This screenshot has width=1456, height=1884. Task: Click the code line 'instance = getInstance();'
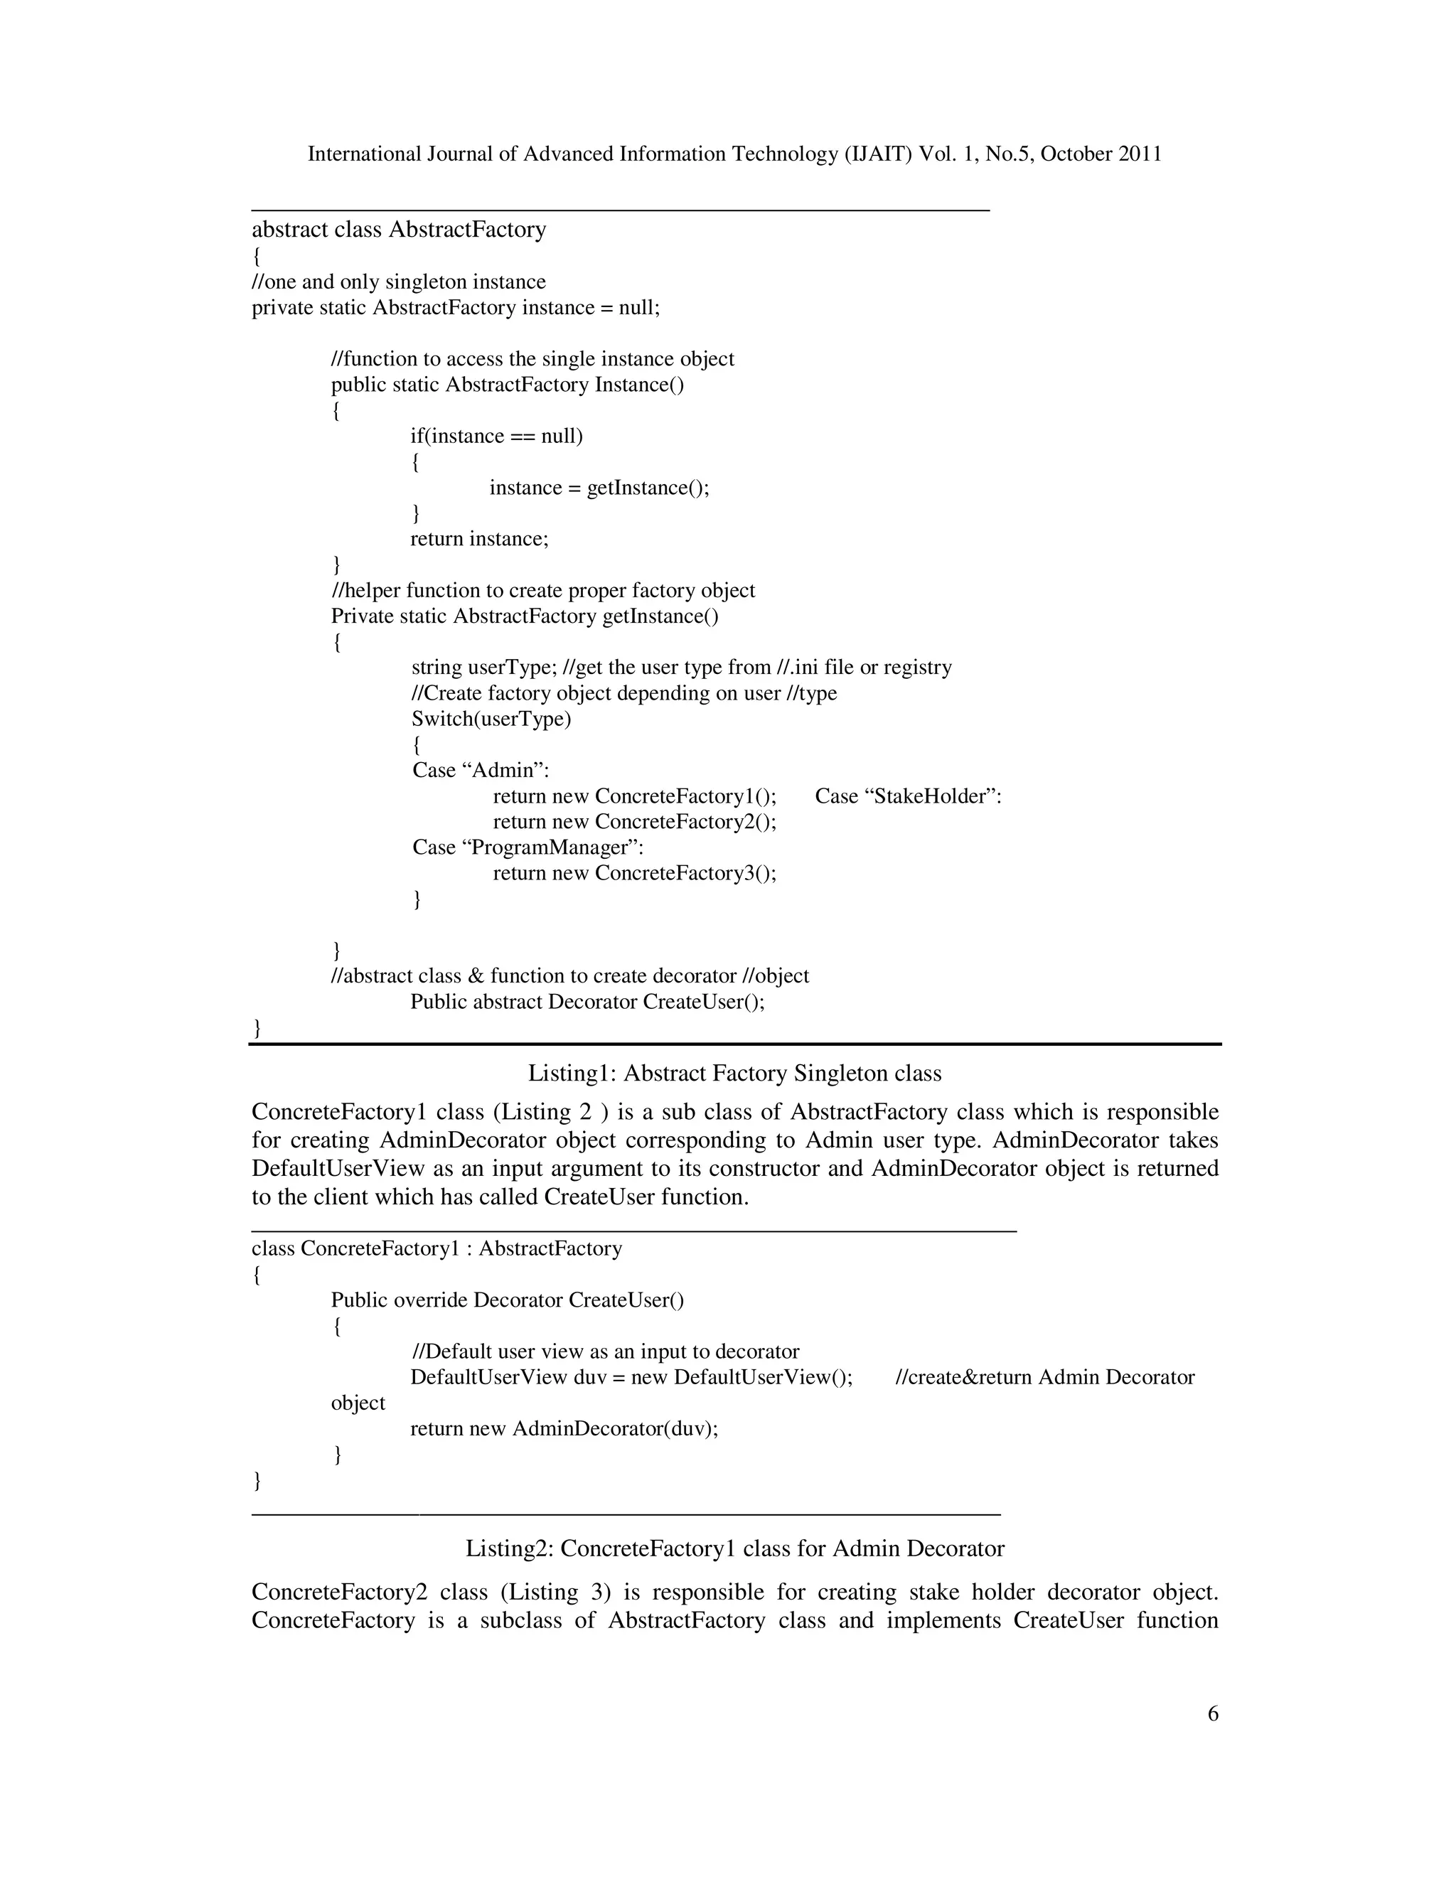coord(599,488)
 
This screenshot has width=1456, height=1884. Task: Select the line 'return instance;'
coord(480,539)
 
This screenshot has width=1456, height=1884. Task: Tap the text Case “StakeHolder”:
coord(909,796)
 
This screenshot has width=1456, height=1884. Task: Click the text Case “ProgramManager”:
coord(528,847)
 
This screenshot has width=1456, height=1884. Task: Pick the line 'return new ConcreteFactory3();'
coord(635,873)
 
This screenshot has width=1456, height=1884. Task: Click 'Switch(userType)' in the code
coord(491,719)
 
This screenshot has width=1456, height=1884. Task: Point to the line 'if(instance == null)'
coord(497,437)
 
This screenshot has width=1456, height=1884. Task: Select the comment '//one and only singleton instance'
coord(399,282)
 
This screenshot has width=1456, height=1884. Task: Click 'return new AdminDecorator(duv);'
coord(564,1428)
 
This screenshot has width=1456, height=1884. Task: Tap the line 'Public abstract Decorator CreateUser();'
coord(587,1002)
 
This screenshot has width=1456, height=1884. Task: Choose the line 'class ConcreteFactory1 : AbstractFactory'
coord(437,1248)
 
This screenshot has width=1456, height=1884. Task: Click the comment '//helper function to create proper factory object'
coord(543,591)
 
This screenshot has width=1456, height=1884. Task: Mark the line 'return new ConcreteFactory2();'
coord(635,821)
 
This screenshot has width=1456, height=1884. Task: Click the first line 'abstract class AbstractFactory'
coord(399,230)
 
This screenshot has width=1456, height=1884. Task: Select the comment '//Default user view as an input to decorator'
coord(606,1352)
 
